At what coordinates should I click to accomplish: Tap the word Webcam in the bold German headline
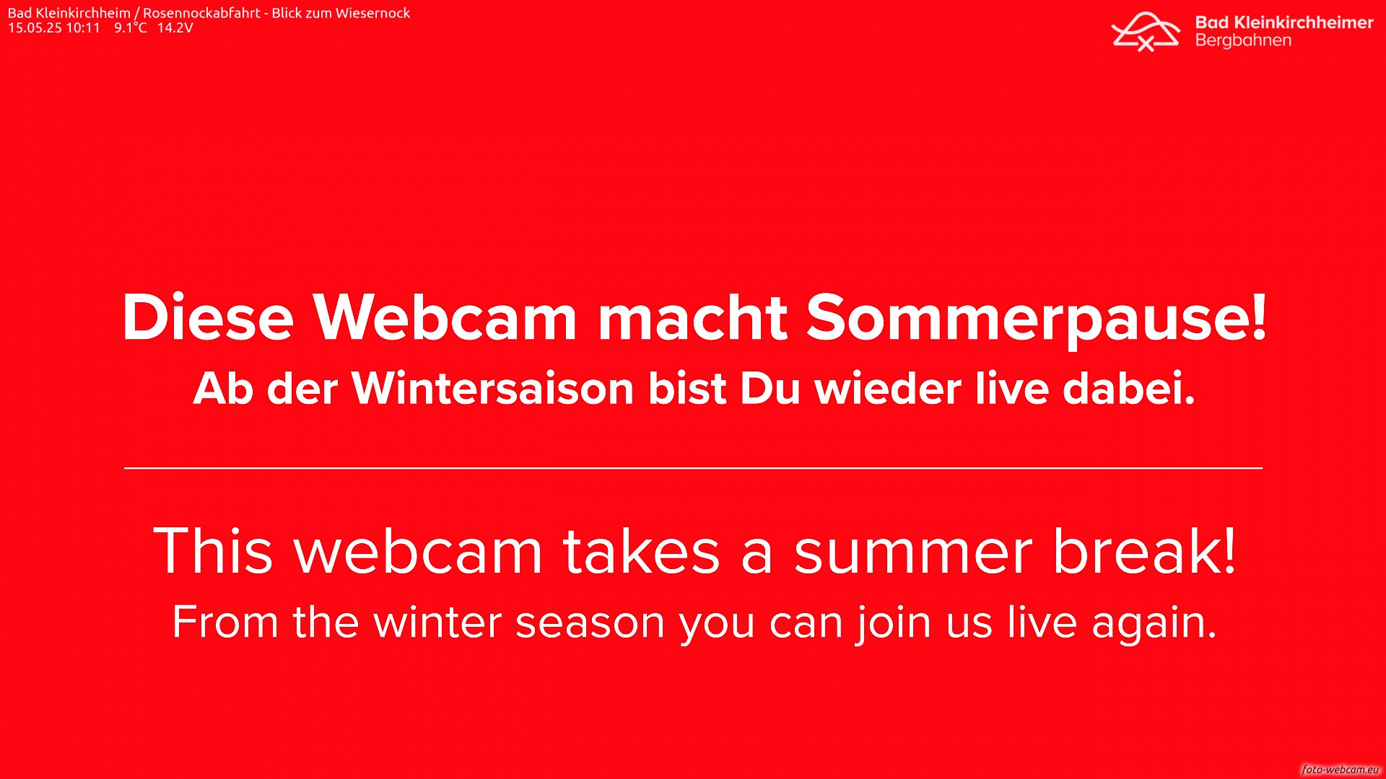pos(444,317)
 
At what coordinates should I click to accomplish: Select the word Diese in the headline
pos(208,317)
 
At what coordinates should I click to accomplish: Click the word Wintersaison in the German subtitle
pos(492,389)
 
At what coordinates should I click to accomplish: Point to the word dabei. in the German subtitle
pos(1129,389)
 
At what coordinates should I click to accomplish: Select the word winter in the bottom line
pos(437,622)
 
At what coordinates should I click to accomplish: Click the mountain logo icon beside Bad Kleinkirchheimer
pos(1146,32)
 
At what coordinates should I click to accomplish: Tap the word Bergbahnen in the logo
pos(1243,40)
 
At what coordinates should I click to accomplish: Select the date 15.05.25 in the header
pos(35,28)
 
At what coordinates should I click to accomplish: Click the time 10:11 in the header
pos(83,28)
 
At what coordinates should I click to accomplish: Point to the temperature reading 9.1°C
pos(131,28)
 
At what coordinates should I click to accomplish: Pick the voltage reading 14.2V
pos(175,28)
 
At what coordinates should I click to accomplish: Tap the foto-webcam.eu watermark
pos(1341,770)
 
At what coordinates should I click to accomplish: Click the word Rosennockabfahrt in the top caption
pos(201,13)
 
